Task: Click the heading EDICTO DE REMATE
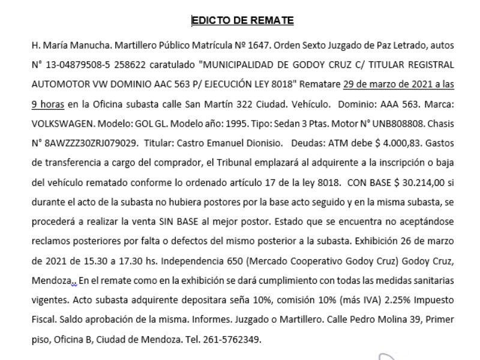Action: click(242, 20)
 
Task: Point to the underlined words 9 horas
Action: click(47, 103)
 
